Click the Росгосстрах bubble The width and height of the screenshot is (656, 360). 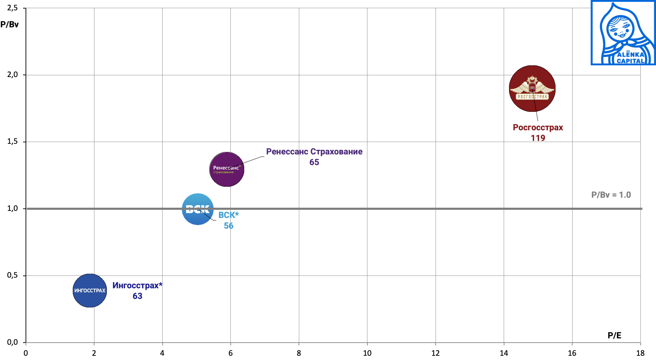[532, 88]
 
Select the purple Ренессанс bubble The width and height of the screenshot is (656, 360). [227, 169]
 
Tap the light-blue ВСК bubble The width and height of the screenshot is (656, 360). [197, 209]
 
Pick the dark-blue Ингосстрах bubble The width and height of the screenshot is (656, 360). [90, 290]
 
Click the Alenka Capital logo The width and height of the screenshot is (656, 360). [623, 33]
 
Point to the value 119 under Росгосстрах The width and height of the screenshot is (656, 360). [538, 138]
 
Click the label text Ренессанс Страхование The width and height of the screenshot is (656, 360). [314, 152]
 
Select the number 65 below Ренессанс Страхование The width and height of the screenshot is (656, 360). [314, 162]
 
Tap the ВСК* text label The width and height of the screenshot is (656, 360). [228, 215]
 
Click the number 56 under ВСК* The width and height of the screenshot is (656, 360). [228, 226]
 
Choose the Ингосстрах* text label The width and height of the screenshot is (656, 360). [137, 285]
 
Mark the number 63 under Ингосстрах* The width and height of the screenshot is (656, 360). [137, 296]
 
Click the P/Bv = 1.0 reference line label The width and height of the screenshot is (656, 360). [611, 195]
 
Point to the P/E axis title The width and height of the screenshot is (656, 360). [614, 336]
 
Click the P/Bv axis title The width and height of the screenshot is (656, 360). [10, 24]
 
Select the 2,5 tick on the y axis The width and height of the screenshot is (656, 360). [12, 8]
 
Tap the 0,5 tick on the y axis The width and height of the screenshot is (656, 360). [12, 276]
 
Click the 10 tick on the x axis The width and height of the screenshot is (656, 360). [367, 353]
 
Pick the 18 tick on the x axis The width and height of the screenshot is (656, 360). [640, 353]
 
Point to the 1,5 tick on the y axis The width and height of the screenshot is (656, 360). [12, 142]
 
